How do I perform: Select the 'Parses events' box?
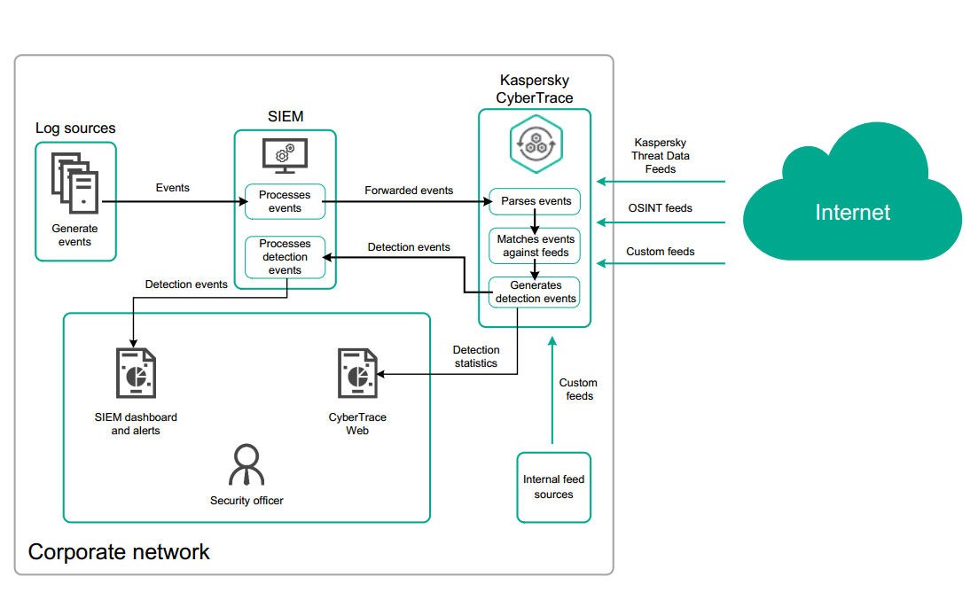pos(535,201)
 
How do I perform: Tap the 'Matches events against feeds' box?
pos(535,245)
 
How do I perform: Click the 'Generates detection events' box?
pos(535,292)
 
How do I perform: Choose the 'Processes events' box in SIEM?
pos(285,201)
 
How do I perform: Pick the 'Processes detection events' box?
pos(285,257)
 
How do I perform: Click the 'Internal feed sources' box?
pos(553,487)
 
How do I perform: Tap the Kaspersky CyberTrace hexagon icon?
pos(535,144)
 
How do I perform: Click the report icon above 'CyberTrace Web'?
pos(357,373)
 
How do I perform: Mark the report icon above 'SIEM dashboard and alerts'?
pos(136,373)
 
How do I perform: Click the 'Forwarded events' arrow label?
pos(409,191)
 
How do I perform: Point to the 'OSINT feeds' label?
pos(660,208)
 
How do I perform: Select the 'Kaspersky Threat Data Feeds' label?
pos(660,155)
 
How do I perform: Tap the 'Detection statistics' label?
pos(476,356)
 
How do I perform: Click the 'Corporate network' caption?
pos(119,552)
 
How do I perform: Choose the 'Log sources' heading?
pos(75,129)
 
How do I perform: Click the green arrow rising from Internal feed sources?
pos(552,390)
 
